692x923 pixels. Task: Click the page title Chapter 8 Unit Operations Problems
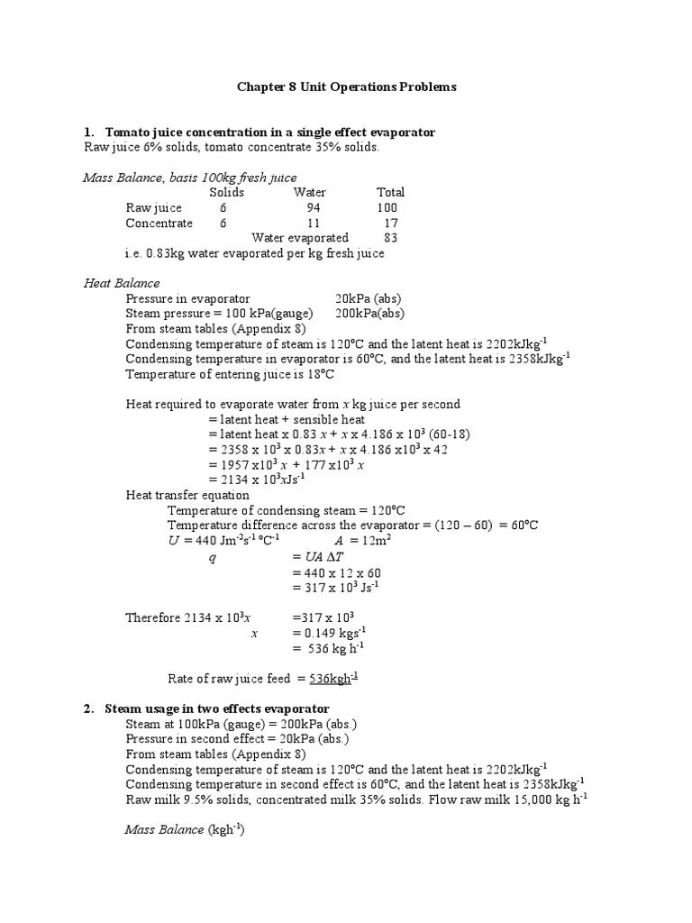tap(346, 87)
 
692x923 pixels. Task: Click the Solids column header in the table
tap(226, 192)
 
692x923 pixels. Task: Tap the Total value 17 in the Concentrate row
tap(390, 223)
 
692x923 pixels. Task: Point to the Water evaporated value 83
tap(390, 238)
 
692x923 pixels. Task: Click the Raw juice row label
tap(153, 207)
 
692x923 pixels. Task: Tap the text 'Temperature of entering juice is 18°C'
tap(230, 374)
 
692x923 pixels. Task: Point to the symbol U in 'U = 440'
tap(174, 540)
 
